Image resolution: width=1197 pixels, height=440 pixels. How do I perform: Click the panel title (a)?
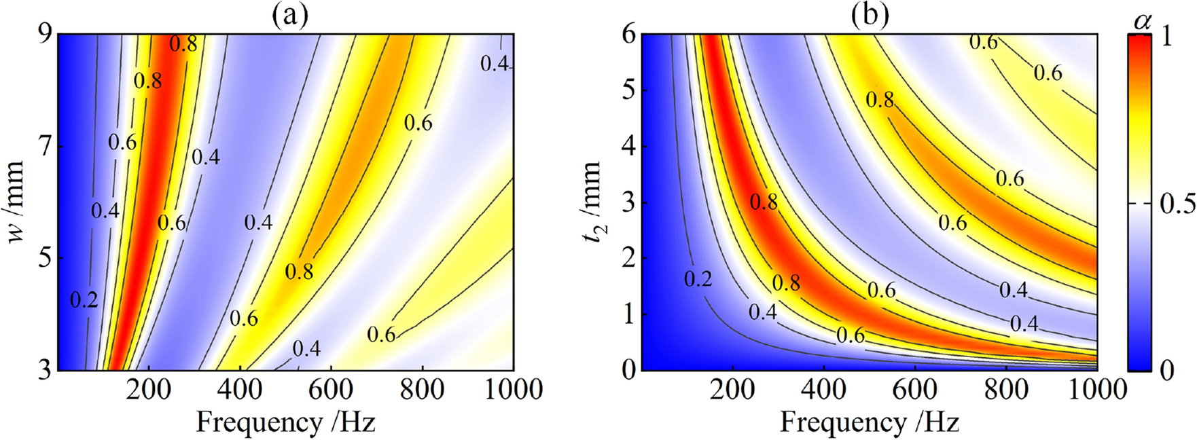pyautogui.click(x=290, y=15)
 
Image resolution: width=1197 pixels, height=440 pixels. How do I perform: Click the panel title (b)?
pyautogui.click(x=870, y=15)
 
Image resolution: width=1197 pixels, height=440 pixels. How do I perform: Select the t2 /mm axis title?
pyautogui.click(x=592, y=204)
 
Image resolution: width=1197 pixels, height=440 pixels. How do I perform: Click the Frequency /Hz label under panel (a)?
pyautogui.click(x=285, y=422)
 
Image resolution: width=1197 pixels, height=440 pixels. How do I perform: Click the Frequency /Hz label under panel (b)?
pyautogui.click(x=869, y=422)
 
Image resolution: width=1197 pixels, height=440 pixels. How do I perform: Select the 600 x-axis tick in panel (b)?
pyautogui.click(x=915, y=390)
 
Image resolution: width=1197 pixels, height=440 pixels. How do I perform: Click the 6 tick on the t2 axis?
pyautogui.click(x=628, y=35)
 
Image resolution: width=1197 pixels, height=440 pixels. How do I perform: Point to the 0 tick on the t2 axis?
pyautogui.click(x=628, y=371)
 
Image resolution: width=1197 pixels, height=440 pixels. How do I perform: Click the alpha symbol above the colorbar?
pyautogui.click(x=1143, y=22)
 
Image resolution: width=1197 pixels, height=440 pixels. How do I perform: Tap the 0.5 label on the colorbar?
pyautogui.click(x=1177, y=204)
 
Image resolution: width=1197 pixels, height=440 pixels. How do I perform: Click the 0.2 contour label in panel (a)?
pyautogui.click(x=84, y=299)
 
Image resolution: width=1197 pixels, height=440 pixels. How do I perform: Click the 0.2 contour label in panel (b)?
pyautogui.click(x=698, y=279)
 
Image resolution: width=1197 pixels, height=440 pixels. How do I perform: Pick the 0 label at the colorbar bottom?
pyautogui.click(x=1166, y=370)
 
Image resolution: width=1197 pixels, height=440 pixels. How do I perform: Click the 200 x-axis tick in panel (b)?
pyautogui.click(x=732, y=390)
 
